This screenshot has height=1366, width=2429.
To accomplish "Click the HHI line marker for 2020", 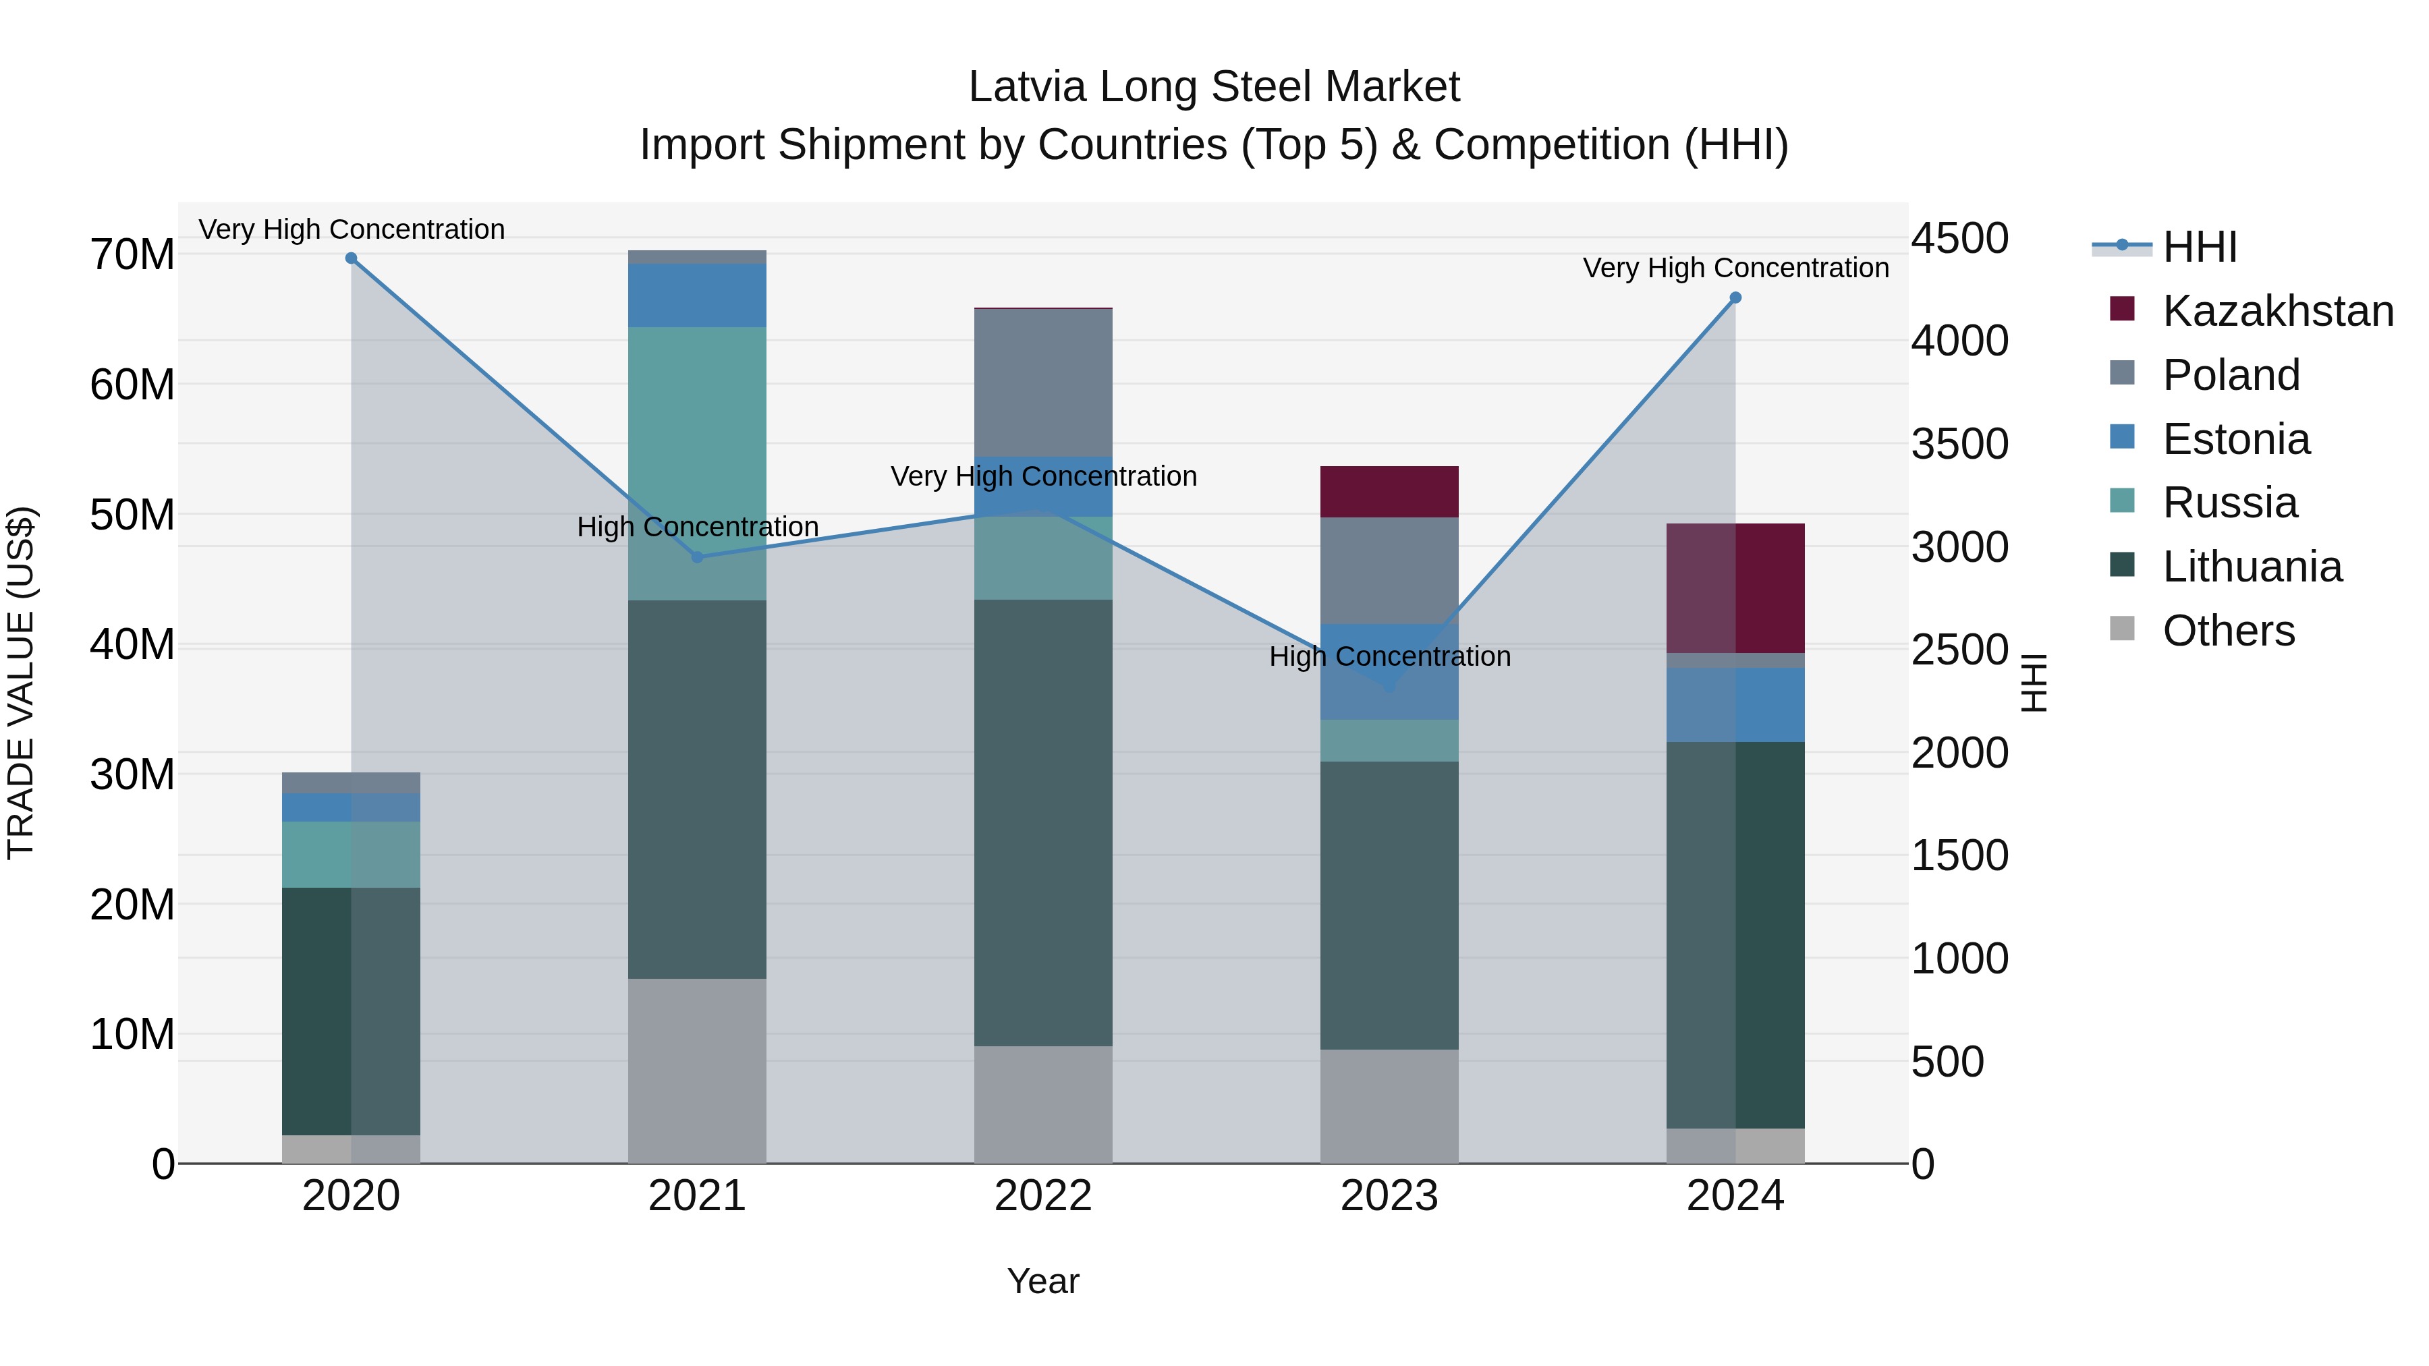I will pos(351,258).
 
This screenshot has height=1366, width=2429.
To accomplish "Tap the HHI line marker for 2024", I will pos(1735,298).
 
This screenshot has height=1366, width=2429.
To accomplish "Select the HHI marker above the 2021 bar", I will pos(697,557).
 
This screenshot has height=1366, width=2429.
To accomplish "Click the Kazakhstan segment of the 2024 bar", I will pos(1735,588).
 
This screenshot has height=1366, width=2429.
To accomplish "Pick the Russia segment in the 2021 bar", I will pos(697,462).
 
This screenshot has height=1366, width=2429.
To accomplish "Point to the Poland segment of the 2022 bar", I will pos(1043,382).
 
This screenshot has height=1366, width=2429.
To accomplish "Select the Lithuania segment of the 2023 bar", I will pos(1389,905).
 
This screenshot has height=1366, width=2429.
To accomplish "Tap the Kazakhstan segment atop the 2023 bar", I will pos(1389,491).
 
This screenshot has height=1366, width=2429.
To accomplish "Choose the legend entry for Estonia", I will pos(2236,439).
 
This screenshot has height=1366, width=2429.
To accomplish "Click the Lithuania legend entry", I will pos(2252,567).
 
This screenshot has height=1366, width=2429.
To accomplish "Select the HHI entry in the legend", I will pos(2199,247).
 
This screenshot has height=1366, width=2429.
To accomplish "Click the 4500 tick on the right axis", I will pos(1959,239).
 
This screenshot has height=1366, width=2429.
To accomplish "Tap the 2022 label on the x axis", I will pos(1043,1196).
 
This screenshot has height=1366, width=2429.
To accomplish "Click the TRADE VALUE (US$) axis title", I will pos(21,683).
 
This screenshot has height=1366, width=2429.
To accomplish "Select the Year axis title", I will pos(1043,1281).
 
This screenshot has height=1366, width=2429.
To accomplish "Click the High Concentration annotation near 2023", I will pos(1389,656).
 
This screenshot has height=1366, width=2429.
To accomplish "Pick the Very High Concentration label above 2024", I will pos(1735,268).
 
